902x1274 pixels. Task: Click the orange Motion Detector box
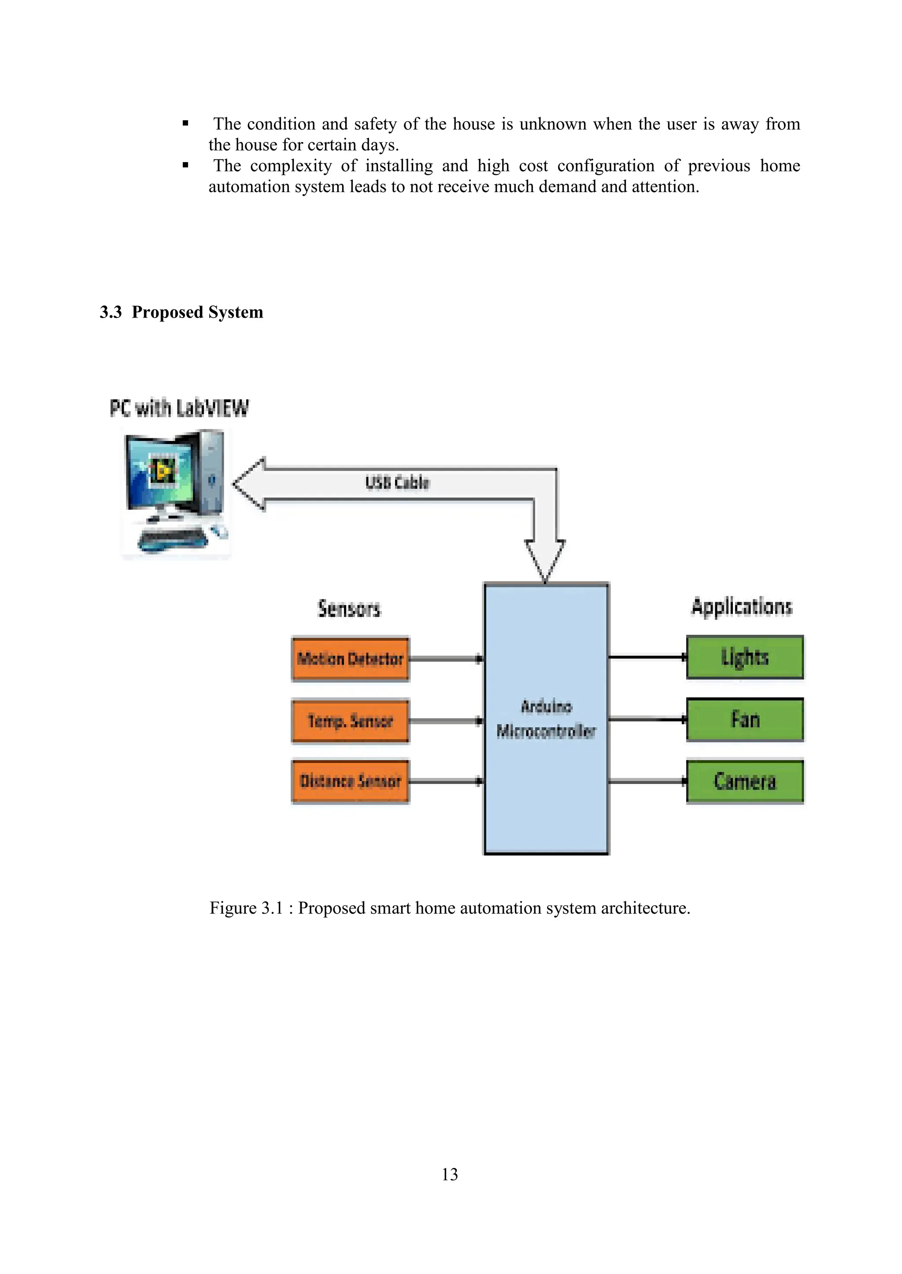point(351,659)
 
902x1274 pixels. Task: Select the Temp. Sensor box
point(351,721)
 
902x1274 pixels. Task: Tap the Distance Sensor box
point(351,781)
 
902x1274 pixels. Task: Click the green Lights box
point(745,657)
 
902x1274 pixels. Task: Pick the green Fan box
point(745,719)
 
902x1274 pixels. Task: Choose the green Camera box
point(745,781)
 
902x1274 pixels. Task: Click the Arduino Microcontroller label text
point(546,719)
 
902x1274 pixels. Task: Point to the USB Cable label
point(397,482)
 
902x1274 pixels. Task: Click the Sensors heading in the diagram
point(349,608)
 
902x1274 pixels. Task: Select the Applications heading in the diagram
point(742,607)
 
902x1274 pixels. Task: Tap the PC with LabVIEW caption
point(179,408)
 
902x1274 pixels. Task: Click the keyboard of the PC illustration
point(172,538)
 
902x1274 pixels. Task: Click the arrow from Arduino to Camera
point(647,781)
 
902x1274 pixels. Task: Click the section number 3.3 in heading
point(111,312)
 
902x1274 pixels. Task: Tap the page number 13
point(449,1174)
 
